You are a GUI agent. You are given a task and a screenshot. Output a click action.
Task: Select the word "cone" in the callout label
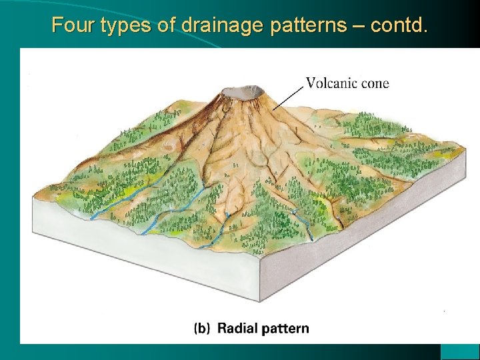point(374,83)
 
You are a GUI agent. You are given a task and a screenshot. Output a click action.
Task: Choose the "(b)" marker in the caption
point(203,328)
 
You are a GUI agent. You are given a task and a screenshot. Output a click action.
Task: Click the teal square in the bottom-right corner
point(460,351)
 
